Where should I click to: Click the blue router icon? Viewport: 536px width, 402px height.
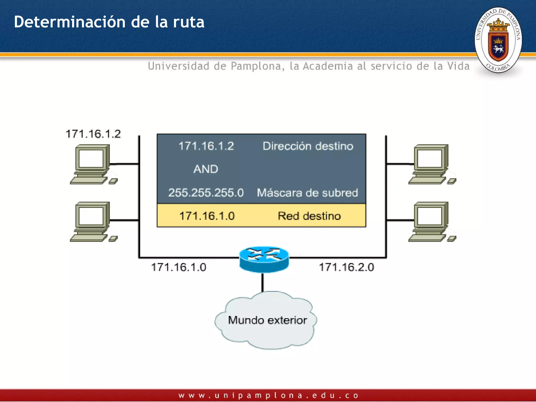pyautogui.click(x=264, y=259)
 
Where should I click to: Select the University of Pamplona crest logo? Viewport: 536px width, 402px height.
pyautogui.click(x=498, y=40)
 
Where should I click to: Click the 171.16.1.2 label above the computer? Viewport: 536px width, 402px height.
pyautogui.click(x=93, y=134)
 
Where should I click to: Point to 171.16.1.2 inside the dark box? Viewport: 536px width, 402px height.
pyautogui.click(x=206, y=146)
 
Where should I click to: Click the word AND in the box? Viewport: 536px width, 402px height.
pyautogui.click(x=206, y=169)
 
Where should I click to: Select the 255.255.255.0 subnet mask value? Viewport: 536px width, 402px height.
pyautogui.click(x=206, y=193)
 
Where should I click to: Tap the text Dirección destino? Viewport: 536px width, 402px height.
pyautogui.click(x=308, y=146)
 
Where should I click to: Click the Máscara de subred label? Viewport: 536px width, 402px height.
pyautogui.click(x=307, y=193)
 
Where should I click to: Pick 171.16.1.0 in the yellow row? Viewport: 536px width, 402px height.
pyautogui.click(x=207, y=216)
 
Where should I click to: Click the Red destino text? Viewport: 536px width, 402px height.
pyautogui.click(x=309, y=216)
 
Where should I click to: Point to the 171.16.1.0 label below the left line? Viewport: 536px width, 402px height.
pyautogui.click(x=178, y=267)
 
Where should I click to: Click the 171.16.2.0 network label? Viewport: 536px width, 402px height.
pyautogui.click(x=347, y=267)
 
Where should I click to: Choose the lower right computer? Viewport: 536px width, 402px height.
pyautogui.click(x=431, y=221)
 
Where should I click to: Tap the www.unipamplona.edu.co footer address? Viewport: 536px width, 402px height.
pyautogui.click(x=268, y=395)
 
